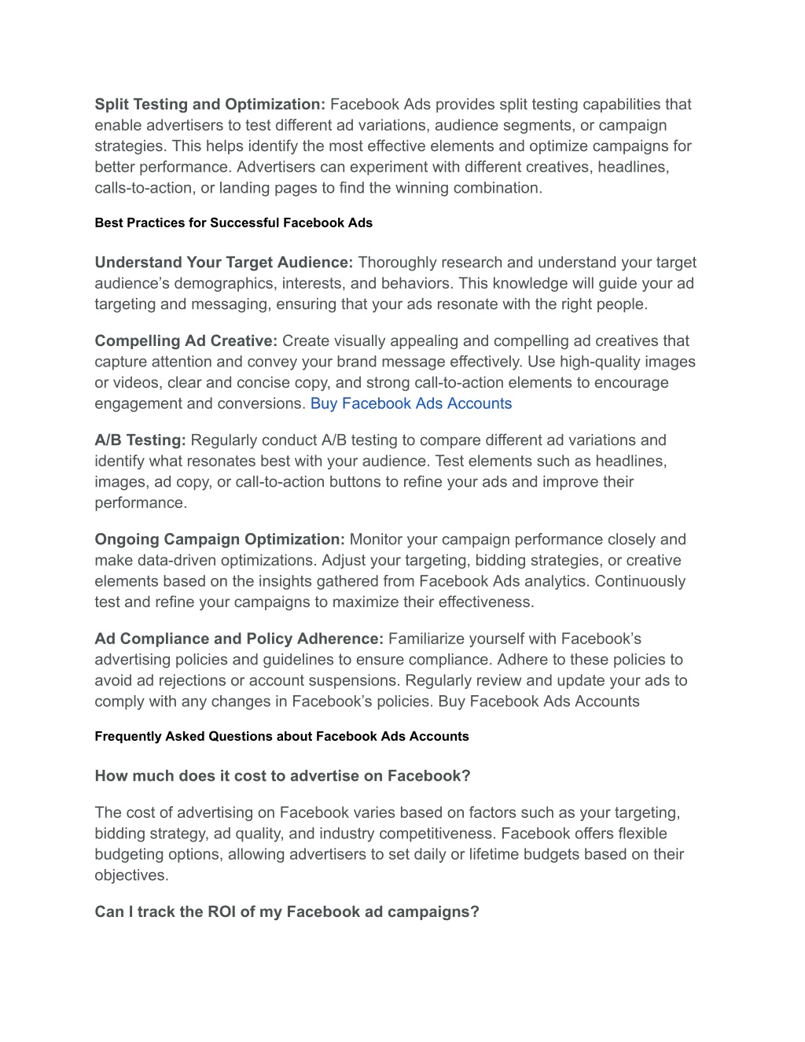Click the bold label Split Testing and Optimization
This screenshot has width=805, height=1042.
[x=210, y=105]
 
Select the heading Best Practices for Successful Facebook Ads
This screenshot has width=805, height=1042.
[x=233, y=223]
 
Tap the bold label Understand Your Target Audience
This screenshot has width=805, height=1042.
[x=224, y=263]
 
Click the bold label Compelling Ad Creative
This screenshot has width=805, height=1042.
[x=186, y=341]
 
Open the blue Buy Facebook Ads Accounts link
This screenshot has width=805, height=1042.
[x=411, y=404]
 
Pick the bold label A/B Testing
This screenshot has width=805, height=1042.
[x=140, y=440]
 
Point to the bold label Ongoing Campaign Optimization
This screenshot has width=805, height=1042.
[x=220, y=540]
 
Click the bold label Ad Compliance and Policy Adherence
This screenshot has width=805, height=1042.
[x=239, y=639]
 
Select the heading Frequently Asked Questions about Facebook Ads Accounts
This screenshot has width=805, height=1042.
[x=281, y=737]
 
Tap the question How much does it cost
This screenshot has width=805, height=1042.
[x=282, y=776]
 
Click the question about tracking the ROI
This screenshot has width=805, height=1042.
[x=287, y=912]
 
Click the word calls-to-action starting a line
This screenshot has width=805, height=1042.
[x=139, y=188]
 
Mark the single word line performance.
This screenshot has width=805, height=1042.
[x=141, y=503]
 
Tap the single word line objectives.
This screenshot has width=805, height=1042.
[x=131, y=875]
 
